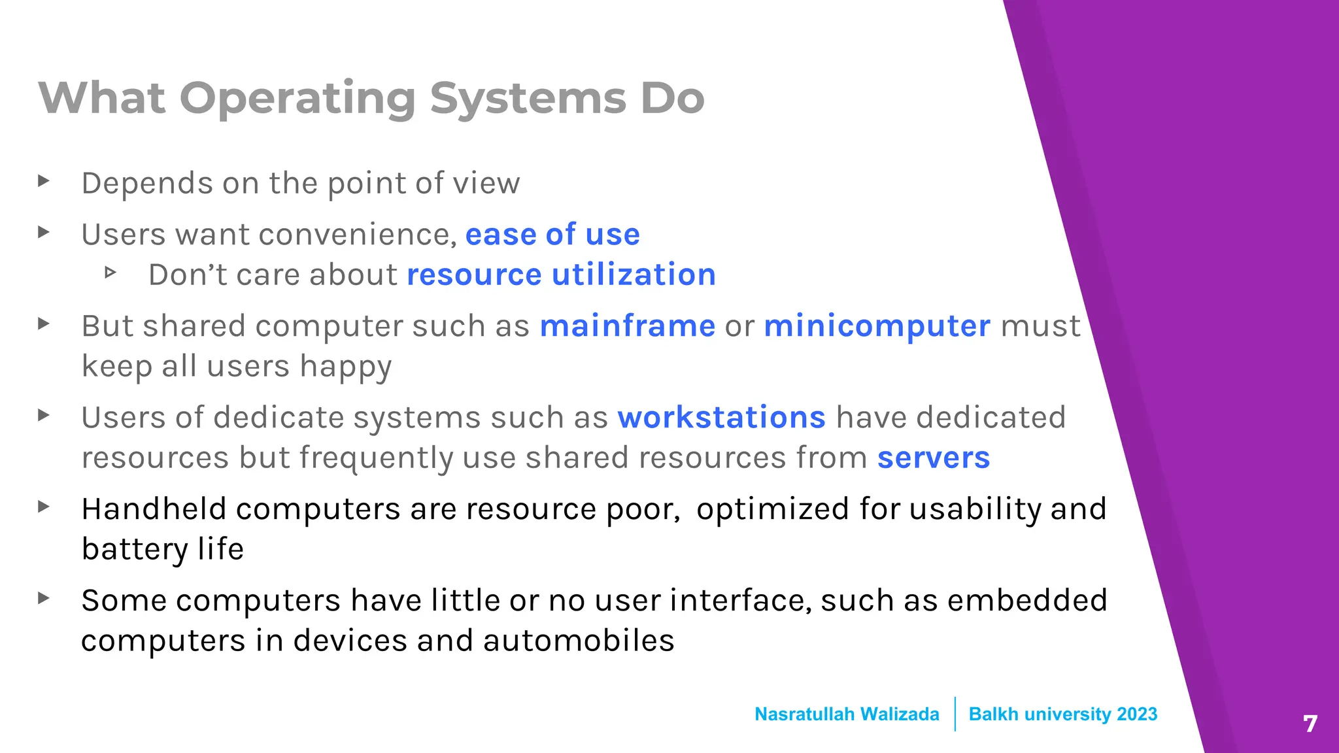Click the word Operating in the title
click(x=297, y=98)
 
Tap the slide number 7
click(x=1310, y=724)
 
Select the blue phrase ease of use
click(x=552, y=235)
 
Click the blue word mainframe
click(x=627, y=326)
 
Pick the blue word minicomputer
click(x=877, y=326)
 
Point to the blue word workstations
click(x=721, y=418)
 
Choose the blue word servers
click(x=933, y=458)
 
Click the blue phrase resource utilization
click(x=561, y=275)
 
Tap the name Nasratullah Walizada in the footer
click(x=847, y=714)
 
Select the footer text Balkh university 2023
click(x=1062, y=714)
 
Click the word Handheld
click(x=154, y=509)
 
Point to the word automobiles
click(x=579, y=641)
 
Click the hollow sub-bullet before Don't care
click(x=110, y=273)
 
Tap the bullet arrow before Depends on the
click(x=44, y=180)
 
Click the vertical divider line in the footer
click(x=955, y=714)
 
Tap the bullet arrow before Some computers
click(x=44, y=598)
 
